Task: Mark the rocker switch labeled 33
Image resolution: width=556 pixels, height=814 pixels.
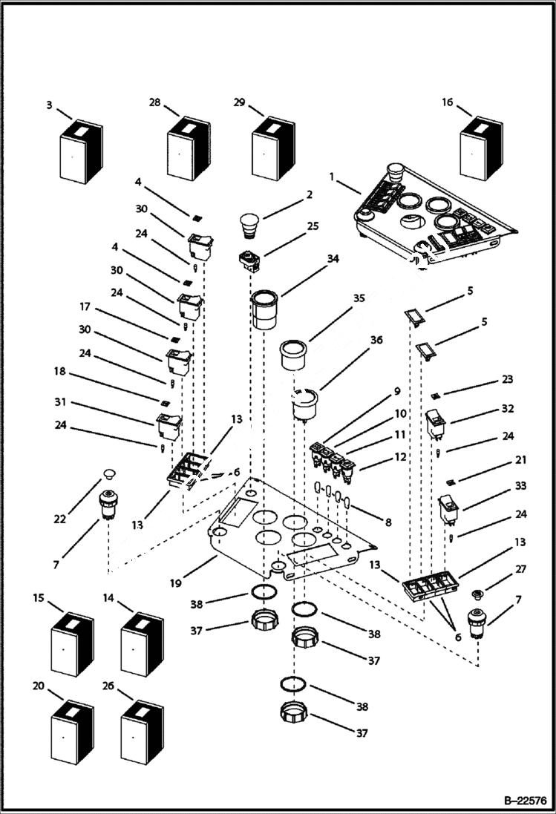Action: [450, 510]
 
